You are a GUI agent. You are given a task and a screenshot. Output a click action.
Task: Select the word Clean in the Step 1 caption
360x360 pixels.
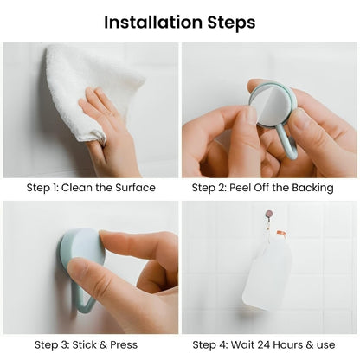coord(81,188)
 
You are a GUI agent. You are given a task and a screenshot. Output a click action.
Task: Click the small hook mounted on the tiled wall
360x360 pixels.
coord(269,213)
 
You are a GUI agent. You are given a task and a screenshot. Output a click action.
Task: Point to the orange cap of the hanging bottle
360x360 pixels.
coord(280,234)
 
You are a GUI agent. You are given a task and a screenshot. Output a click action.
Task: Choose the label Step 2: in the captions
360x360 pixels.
coord(208,188)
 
